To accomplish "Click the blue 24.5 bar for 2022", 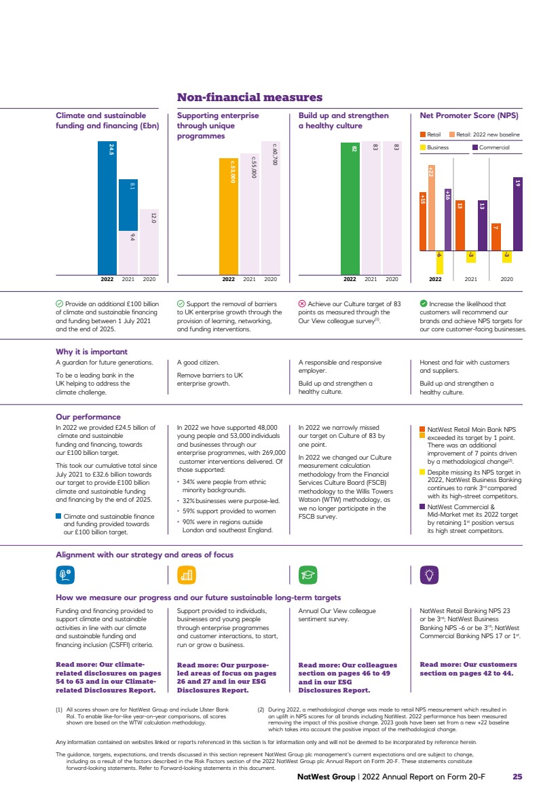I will [x=107, y=207].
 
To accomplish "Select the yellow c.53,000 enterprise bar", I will [x=229, y=216].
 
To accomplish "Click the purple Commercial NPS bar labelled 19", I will [x=517, y=213].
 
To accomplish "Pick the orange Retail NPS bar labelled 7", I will [x=496, y=236].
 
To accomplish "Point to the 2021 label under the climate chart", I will [x=128, y=279].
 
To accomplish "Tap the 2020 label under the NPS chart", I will [x=506, y=279].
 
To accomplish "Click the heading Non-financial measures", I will [x=250, y=98].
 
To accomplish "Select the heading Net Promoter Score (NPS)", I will [x=469, y=115].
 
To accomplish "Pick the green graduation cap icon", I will [x=307, y=574].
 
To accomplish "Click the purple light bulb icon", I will [x=429, y=574].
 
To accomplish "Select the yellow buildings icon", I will [x=186, y=574].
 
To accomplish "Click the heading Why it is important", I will [x=91, y=352].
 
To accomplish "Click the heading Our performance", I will [x=88, y=417].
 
